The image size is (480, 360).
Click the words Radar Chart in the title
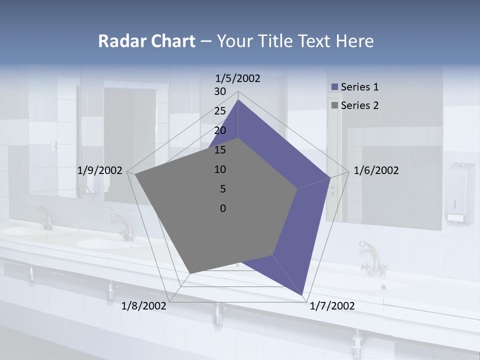pos(146,41)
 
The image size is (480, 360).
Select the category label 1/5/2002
pos(237,78)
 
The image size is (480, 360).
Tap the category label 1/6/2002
pos(376,170)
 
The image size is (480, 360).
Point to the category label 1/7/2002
pos(332,306)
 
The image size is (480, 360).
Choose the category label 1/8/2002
pos(143,306)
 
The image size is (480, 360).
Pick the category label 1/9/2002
pos(100,170)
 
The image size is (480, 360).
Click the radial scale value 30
pos(220,91)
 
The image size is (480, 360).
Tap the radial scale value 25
pos(220,111)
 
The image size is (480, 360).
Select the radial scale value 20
pos(220,130)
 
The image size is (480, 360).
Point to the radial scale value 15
pos(220,150)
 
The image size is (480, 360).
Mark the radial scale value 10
pos(220,169)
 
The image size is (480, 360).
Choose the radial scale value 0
pos(223,208)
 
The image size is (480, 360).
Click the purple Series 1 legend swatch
pos(334,87)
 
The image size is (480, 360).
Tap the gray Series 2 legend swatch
pos(334,105)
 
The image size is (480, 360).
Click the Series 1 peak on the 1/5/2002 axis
pos(238,100)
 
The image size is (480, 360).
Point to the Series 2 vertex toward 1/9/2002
pos(135,174)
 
